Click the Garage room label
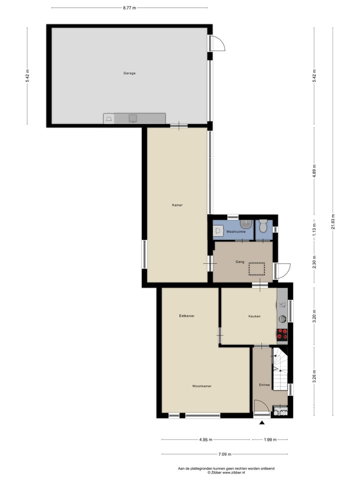tap(129, 73)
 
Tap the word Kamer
tap(177, 205)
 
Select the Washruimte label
tap(234, 232)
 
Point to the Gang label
tap(239, 261)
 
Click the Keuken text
tap(254, 316)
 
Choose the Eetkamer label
tap(186, 316)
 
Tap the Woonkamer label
tap(201, 386)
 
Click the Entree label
tap(264, 384)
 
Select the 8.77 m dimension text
tap(129, 8)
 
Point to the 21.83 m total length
tap(332, 221)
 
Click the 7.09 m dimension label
tap(224, 454)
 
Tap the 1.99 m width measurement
tap(269, 440)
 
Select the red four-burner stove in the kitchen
tap(282, 333)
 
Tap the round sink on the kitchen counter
tap(282, 318)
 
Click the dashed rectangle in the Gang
tap(257, 269)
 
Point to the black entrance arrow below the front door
tap(261, 423)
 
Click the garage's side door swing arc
tap(218, 44)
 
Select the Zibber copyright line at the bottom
tap(226, 472)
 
